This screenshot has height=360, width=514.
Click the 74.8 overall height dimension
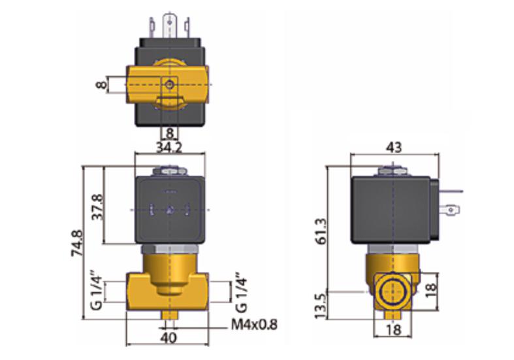[78, 243]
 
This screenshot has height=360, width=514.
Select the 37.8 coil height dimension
[97, 207]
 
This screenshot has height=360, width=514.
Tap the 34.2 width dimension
[169, 148]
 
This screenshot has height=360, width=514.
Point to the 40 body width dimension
[169, 338]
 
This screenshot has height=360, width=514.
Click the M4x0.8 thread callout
[254, 325]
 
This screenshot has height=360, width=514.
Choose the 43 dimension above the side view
[394, 148]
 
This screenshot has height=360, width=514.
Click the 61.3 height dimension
[321, 231]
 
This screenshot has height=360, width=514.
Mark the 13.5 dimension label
[321, 306]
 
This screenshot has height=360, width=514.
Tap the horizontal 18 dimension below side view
[394, 329]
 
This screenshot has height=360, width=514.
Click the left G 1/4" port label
[97, 291]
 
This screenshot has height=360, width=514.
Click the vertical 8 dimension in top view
[101, 85]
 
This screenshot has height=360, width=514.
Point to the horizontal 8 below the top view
[169, 133]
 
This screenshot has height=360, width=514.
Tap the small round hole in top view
[169, 85]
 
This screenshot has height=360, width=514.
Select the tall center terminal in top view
[169, 25]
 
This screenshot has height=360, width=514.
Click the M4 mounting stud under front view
[169, 315]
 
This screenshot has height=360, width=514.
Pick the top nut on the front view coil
[169, 171]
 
